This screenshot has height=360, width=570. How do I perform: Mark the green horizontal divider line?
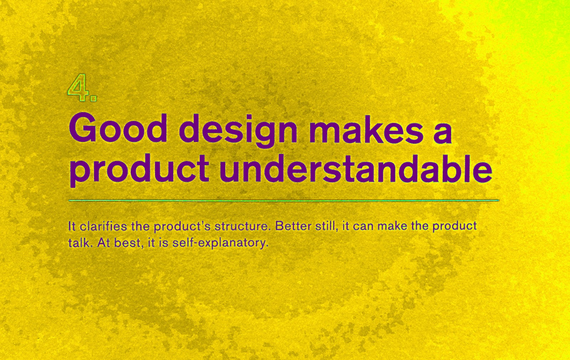pyautogui.click(x=284, y=201)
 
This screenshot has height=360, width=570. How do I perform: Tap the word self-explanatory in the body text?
pyautogui.click(x=220, y=243)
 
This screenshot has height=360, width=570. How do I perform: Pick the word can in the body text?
pyautogui.click(x=363, y=227)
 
